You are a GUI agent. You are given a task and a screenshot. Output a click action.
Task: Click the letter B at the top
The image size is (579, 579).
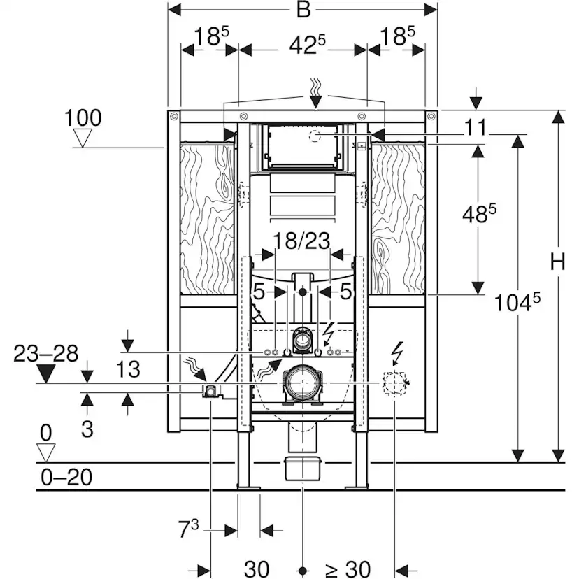coord(302,10)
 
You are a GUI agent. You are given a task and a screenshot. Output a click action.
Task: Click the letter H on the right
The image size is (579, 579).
coord(557,262)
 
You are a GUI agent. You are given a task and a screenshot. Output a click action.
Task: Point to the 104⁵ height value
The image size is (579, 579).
coord(517,302)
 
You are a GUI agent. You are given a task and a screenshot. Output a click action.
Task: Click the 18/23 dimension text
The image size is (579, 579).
coord(302,241)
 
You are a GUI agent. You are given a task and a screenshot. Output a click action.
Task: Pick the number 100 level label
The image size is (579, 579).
coord(83,117)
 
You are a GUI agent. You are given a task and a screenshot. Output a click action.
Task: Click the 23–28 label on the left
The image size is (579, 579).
coord(46,353)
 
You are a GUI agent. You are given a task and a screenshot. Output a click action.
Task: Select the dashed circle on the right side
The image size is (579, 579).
coord(394,383)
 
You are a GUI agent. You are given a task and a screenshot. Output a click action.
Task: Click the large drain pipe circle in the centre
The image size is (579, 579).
coord(302,383)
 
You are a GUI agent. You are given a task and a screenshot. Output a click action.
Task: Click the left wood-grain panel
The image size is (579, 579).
coord(207,217)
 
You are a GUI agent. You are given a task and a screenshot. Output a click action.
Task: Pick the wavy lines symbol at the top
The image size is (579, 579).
coord(315,88)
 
